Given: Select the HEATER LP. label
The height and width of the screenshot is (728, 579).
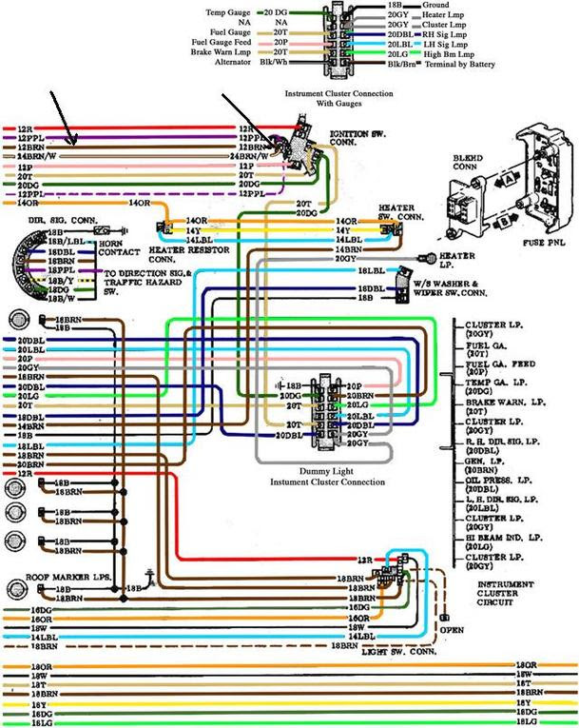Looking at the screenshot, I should tap(457, 258).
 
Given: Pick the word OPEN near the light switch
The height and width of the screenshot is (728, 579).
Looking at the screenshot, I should tap(452, 628).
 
